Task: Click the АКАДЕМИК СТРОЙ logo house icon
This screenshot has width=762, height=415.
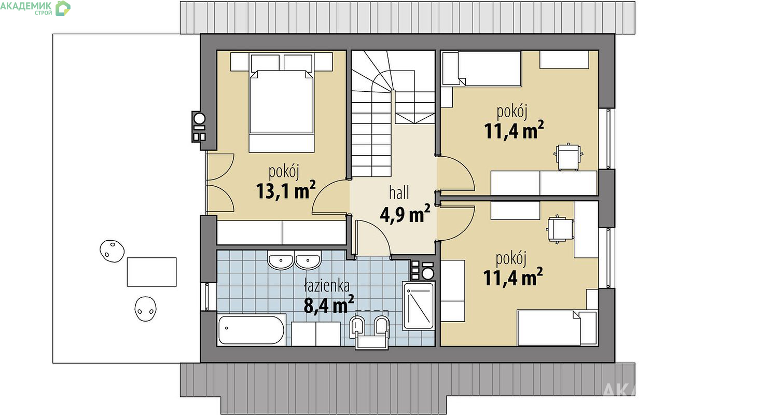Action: (63, 8)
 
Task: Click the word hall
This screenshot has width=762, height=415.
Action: (399, 193)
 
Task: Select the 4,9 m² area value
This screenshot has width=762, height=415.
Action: (405, 214)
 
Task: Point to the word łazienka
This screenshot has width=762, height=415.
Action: (327, 285)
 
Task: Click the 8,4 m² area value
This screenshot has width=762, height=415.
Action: (329, 304)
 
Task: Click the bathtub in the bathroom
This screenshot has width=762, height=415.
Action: (252, 329)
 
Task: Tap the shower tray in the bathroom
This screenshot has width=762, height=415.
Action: (419, 306)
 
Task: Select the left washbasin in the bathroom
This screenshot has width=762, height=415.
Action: (281, 261)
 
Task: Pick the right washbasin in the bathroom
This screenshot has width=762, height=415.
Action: (308, 261)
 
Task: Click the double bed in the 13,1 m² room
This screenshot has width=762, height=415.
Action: (281, 102)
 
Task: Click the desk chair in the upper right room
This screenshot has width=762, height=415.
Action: (568, 157)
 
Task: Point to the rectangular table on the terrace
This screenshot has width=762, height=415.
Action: (151, 272)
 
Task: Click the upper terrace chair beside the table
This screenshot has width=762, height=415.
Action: (112, 251)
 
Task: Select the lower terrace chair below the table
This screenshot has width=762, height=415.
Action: (146, 309)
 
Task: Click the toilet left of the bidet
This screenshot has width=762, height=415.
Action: (357, 327)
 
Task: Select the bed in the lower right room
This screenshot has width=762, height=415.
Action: (557, 327)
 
